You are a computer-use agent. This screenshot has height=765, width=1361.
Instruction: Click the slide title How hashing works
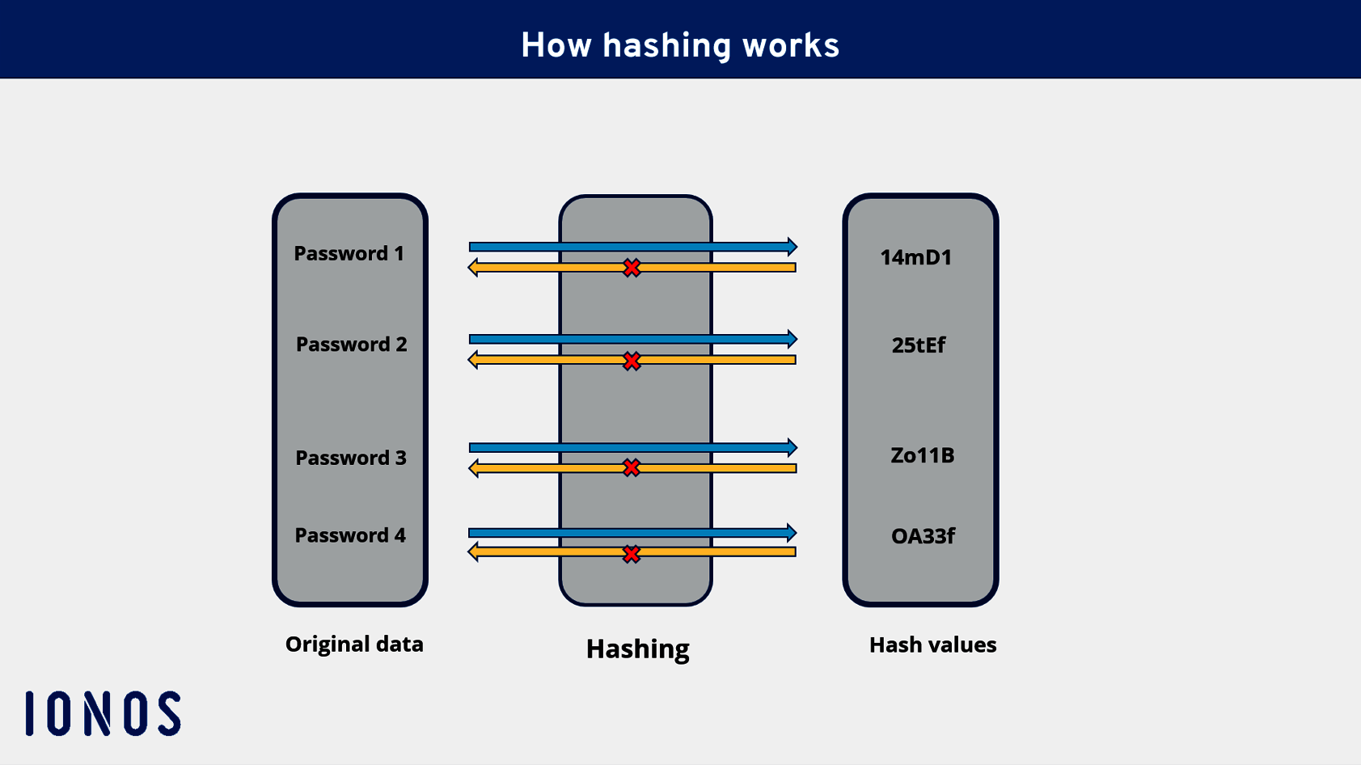coord(680,45)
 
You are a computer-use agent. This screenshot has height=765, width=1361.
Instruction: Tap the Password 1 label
coord(349,254)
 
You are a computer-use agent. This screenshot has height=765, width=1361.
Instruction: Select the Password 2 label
coord(351,344)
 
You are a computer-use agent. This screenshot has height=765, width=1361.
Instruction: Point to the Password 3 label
coord(351,458)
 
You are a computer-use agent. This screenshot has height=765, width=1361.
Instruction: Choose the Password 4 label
coord(350,535)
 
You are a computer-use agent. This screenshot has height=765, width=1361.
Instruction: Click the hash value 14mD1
coord(915,257)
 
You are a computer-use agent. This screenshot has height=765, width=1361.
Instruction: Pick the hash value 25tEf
coord(918,345)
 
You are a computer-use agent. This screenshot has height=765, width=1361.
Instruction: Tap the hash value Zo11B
coord(922,455)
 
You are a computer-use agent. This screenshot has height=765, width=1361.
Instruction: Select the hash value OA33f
coord(923,536)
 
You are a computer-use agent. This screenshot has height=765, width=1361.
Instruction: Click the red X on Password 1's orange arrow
coord(632,268)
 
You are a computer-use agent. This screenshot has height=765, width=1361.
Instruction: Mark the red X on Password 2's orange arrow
coord(632,361)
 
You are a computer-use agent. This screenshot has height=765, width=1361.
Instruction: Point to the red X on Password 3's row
coord(632,467)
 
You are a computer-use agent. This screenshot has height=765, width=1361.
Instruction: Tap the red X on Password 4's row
coord(632,554)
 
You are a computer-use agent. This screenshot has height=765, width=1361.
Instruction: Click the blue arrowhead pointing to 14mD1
coord(792,246)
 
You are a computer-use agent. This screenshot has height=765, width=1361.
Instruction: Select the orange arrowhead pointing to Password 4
coord(474,552)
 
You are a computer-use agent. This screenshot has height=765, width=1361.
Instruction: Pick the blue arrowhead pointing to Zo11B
coord(792,447)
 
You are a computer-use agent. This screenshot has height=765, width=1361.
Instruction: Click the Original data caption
coord(354,645)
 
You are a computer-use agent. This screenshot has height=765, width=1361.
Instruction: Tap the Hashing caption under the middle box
coord(637,649)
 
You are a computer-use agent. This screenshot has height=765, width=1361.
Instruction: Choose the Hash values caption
coord(932,645)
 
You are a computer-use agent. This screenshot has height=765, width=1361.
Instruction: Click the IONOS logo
coord(103,713)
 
